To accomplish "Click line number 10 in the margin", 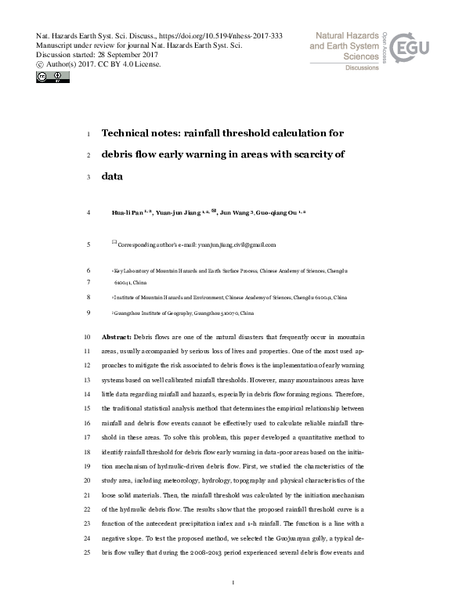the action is [x=86, y=335].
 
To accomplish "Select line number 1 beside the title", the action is [x=88, y=133].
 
